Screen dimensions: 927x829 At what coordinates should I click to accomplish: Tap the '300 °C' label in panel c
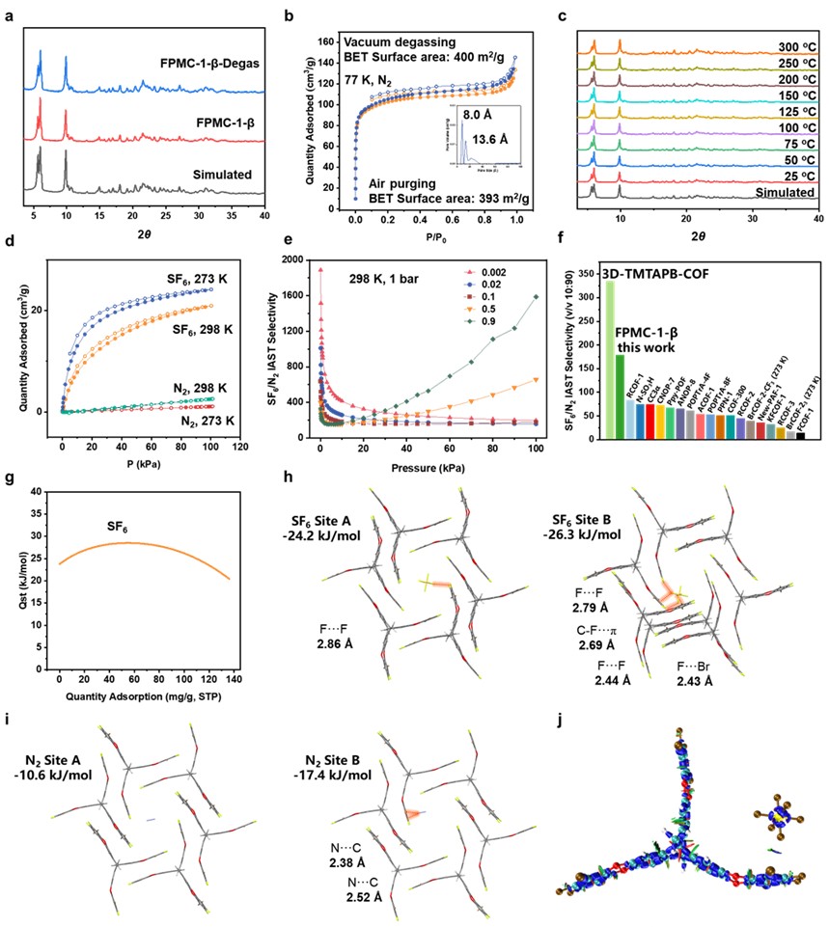pos(788,45)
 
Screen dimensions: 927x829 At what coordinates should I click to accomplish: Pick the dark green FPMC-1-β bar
pos(620,395)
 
